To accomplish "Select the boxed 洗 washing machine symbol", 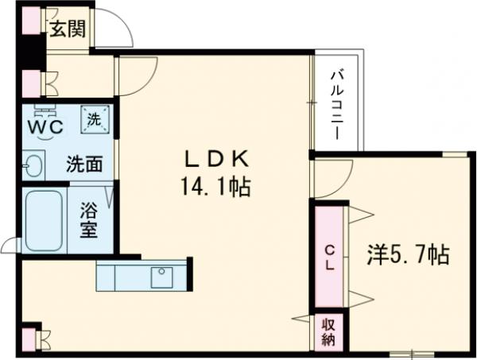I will [95, 120].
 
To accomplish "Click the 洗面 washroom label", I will [83, 165].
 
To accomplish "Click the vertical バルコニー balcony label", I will [337, 103].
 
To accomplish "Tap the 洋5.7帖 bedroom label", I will [408, 254].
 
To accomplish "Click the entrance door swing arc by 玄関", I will [115, 30].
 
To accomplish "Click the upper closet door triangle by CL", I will [359, 214].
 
